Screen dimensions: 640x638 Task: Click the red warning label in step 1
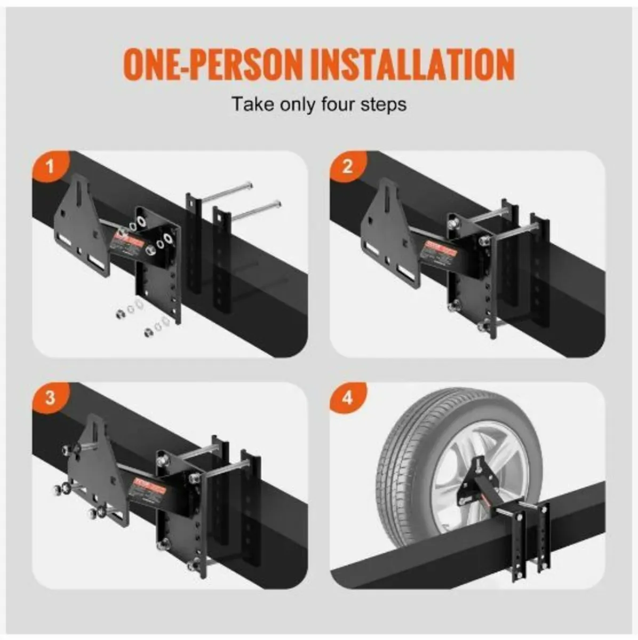(x=127, y=244)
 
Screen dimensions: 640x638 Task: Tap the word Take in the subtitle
(x=249, y=103)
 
